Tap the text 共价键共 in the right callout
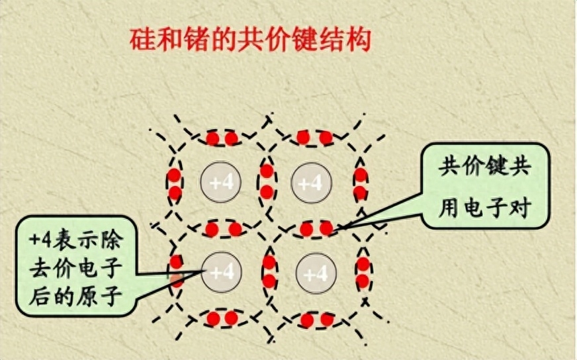[485, 167]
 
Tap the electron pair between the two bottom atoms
[269, 271]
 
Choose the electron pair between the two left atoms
[224, 230]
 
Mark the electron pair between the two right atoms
[316, 229]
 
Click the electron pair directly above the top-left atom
[221, 138]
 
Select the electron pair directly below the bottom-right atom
[317, 320]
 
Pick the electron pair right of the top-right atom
[361, 184]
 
